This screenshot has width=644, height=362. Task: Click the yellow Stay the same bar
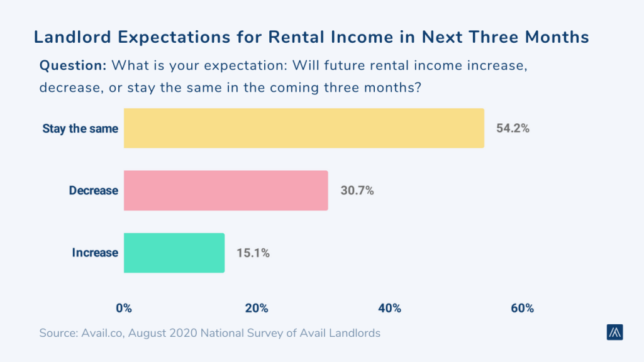coord(304,128)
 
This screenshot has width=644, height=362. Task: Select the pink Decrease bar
coord(226,190)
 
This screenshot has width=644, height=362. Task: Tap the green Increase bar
coord(174,253)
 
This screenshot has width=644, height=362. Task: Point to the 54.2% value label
coord(513,129)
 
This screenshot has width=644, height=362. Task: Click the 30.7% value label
coord(357,190)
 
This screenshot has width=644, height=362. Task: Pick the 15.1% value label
coord(253,253)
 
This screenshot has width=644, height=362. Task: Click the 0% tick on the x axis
coord(124,308)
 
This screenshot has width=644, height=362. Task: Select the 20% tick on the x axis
coord(257,308)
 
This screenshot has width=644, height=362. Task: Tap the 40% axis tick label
coord(389,308)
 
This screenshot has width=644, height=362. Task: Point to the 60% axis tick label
coord(522,308)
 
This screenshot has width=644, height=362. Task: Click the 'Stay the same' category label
coord(80,129)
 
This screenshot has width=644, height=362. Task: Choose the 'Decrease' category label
coord(93,190)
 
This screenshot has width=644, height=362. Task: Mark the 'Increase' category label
coord(95,253)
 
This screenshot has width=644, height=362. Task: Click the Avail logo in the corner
coord(614,332)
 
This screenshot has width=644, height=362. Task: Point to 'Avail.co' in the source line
coord(102,333)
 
